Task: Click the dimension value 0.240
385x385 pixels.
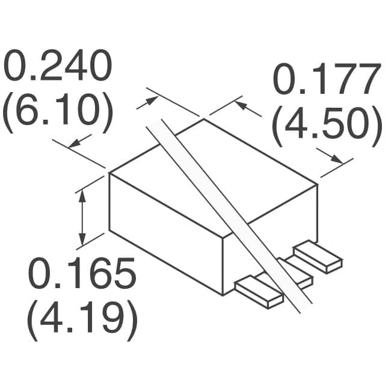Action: [x=58, y=67]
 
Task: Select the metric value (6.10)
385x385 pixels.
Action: [x=58, y=113]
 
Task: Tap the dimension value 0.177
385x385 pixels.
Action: [x=325, y=81]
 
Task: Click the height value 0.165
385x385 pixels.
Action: [x=83, y=276]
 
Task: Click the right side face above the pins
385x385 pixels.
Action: [x=271, y=235]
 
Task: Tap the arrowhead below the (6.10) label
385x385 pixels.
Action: [x=75, y=143]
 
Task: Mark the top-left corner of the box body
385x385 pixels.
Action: [x=109, y=173]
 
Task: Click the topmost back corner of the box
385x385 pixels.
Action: [x=203, y=119]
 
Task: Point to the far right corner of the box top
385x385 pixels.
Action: [x=317, y=185]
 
